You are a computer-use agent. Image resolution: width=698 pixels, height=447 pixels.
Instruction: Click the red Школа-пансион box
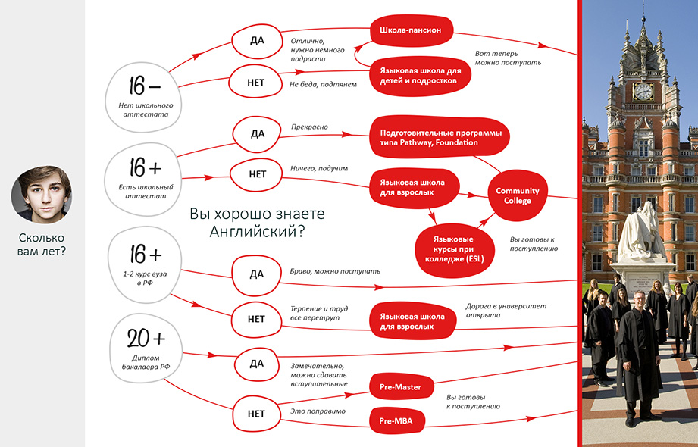(412, 30)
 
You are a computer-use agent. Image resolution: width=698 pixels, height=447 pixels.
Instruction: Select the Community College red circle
(518, 195)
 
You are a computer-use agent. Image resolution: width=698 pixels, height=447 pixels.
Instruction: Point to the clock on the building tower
(643, 91)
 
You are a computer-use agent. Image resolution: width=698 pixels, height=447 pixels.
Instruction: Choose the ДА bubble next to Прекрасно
(257, 134)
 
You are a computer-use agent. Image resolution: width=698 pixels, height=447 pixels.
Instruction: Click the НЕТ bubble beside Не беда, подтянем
(256, 83)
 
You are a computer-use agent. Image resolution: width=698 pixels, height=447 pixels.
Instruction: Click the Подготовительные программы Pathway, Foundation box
(440, 137)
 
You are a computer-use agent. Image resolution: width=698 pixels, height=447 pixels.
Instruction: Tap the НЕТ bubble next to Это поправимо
(256, 414)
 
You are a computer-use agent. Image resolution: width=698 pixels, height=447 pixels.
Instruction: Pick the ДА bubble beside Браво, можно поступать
(257, 273)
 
